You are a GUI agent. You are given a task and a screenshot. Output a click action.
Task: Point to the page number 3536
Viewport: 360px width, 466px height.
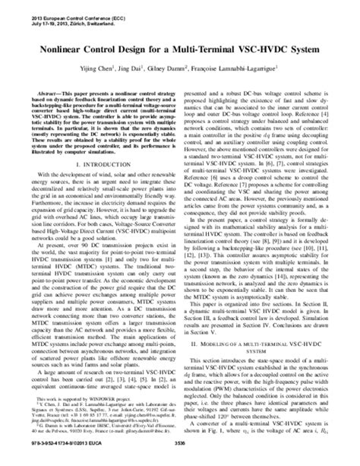click(x=180, y=459)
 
